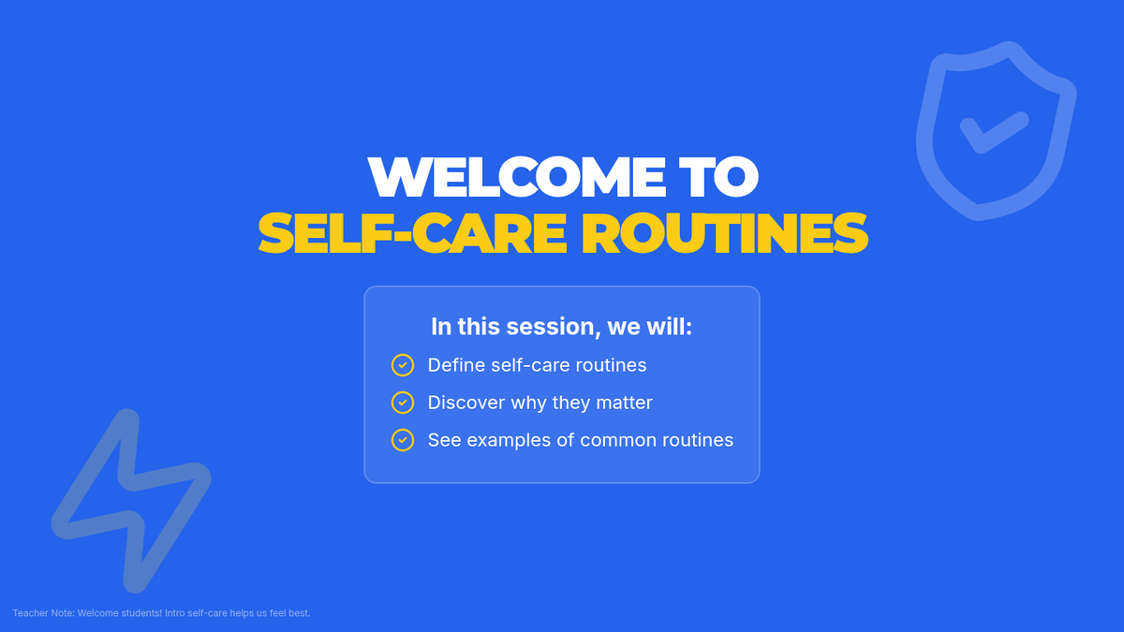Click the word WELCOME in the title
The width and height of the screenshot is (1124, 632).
[517, 177]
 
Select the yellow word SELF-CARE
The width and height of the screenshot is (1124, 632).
[412, 233]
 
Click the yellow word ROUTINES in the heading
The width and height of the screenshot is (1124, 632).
[725, 233]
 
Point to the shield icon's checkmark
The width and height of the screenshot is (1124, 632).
[994, 133]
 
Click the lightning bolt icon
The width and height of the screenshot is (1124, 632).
[131, 501]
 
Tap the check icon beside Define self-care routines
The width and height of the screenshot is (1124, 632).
[403, 365]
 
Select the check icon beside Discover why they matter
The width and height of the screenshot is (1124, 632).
[403, 403]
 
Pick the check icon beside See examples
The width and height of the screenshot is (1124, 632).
[403, 440]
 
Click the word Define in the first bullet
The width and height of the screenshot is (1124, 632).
[456, 365]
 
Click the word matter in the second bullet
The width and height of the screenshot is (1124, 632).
[624, 403]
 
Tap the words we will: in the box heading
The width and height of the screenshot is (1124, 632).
[650, 327]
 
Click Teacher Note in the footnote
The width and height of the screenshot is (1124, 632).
[43, 613]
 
